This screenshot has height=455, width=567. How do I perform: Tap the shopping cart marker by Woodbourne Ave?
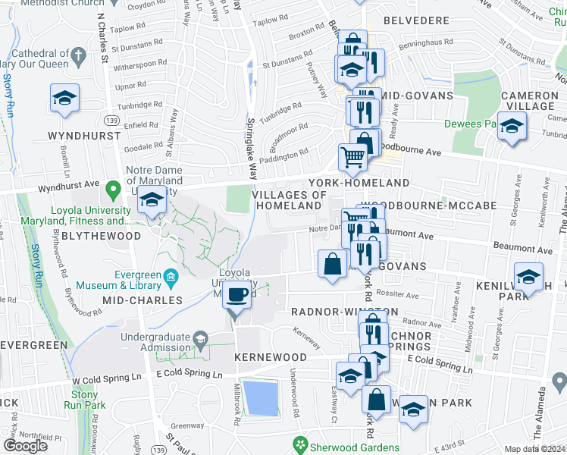pos(352,158)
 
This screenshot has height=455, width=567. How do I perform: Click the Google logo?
pos(25,445)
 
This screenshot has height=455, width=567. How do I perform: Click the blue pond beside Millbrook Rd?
pos(260,397)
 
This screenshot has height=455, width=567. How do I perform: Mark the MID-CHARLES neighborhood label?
pos(143,300)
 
